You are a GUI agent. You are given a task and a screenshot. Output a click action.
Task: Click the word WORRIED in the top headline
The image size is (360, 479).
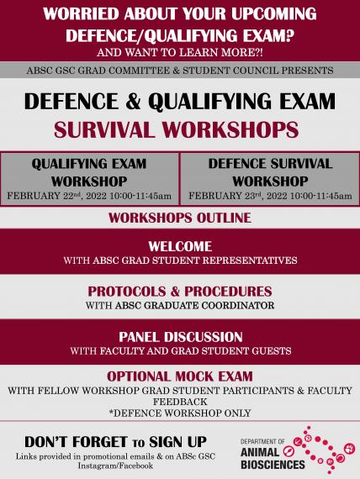coord(81,13)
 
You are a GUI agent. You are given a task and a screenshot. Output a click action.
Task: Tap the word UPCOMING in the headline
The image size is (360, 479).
coord(273,13)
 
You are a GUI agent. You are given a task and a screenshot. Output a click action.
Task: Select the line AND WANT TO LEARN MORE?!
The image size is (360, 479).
coord(180,53)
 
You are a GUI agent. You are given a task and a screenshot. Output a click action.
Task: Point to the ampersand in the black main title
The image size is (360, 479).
coord(133,102)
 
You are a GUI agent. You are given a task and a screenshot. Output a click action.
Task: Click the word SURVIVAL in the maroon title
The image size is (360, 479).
coord(104,129)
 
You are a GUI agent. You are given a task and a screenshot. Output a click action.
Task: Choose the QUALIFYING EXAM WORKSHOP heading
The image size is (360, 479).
coord(89,172)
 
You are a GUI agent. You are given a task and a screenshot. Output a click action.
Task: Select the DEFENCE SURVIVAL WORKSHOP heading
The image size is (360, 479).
coord(270,172)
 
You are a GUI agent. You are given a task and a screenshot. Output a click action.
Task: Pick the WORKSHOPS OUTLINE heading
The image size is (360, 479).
coord(180,218)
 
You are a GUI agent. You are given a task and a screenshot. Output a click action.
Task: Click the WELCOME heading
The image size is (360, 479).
coord(180,246)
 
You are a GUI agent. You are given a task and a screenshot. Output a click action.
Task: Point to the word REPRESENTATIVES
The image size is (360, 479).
coord(250,261)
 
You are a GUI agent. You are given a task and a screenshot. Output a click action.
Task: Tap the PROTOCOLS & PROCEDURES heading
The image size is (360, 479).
coord(180,292)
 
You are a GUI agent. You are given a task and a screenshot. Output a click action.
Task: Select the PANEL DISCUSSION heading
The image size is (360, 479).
coord(181,337)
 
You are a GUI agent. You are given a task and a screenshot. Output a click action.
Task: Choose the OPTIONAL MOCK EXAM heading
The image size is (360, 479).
coord(180,376)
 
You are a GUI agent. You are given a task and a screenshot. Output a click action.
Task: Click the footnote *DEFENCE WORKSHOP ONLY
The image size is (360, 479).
coord(180,413)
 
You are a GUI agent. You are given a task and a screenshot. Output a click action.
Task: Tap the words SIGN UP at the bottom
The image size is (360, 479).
coord(178,442)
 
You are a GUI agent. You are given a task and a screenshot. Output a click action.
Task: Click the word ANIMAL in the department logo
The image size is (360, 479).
coord(260,452)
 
